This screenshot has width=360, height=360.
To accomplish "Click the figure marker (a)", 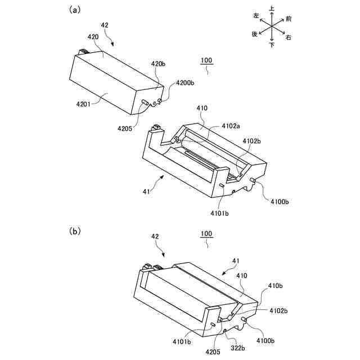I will [x=73, y=10].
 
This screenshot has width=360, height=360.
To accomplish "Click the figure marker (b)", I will [x=74, y=231].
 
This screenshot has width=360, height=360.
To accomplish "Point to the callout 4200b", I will [x=186, y=83].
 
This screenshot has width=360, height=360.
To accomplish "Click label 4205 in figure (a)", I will [x=125, y=128].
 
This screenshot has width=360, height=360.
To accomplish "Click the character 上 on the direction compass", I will [x=272, y=8].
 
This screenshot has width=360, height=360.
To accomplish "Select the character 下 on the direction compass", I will [x=272, y=46].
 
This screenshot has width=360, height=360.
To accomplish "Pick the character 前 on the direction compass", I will [x=288, y=19].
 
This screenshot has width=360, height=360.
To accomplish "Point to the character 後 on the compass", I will [x=255, y=34].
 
